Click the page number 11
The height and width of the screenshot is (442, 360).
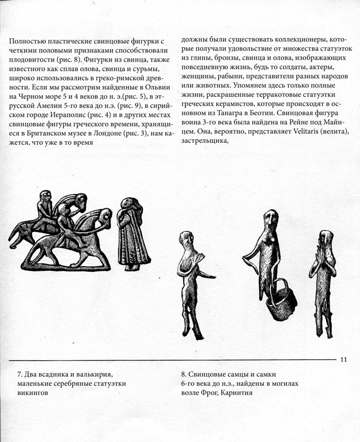(x=344, y=360)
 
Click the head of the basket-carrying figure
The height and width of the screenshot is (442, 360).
(x=271, y=219)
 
